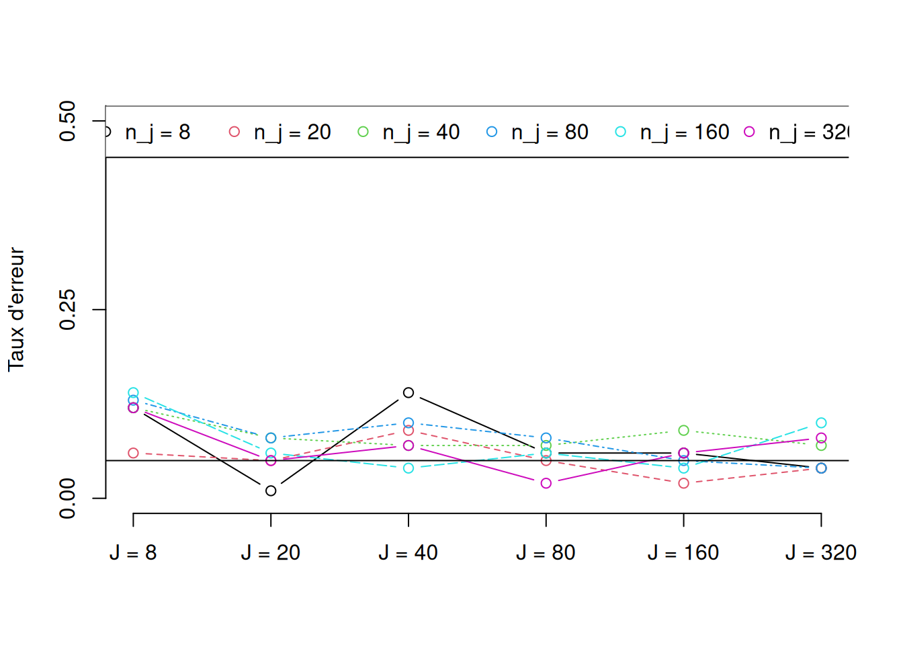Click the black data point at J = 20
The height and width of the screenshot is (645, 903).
pyautogui.click(x=271, y=490)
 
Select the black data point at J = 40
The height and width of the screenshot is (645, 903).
pyautogui.click(x=408, y=392)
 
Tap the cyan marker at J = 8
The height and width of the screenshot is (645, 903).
pyautogui.click(x=133, y=392)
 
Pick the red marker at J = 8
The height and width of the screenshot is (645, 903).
pyautogui.click(x=133, y=453)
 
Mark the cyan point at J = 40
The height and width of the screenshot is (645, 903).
pyautogui.click(x=408, y=468)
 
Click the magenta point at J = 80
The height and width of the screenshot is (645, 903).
pyautogui.click(x=546, y=483)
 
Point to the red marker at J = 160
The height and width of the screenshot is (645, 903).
pyautogui.click(x=683, y=483)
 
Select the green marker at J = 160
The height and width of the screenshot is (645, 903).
pyautogui.click(x=683, y=430)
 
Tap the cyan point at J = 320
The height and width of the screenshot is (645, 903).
pyautogui.click(x=821, y=423)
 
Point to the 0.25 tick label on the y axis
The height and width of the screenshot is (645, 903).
pyautogui.click(x=68, y=310)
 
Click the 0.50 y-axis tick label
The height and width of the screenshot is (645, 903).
pyautogui.click(x=68, y=121)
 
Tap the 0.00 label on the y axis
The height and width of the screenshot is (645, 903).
pyautogui.click(x=68, y=499)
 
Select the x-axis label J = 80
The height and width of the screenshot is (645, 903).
pyautogui.click(x=546, y=553)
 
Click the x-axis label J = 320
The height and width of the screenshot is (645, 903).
pyautogui.click(x=820, y=553)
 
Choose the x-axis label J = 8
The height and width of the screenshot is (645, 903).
pyautogui.click(x=133, y=553)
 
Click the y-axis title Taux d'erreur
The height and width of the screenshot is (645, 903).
pyautogui.click(x=16, y=310)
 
